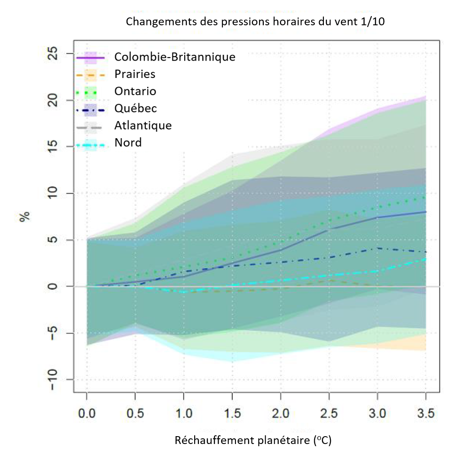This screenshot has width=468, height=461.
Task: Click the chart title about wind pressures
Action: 255,22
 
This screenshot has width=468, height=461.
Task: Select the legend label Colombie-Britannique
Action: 175,57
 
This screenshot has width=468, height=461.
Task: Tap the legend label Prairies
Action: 135,74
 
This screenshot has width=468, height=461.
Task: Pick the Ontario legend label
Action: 135,91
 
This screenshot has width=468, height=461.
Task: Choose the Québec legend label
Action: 135,108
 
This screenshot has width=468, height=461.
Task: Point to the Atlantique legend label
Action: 143,125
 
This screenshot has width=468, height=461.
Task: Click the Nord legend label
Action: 128,142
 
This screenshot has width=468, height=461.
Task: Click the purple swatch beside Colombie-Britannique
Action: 91,57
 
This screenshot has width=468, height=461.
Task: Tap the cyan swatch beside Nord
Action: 91,143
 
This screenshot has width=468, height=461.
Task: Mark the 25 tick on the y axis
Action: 55,54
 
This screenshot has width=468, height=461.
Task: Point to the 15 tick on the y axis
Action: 55,147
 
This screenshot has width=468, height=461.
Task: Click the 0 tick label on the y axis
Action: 55,286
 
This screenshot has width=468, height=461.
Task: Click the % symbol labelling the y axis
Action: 25,217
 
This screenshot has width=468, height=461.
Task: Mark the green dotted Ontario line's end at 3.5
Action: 425,197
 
